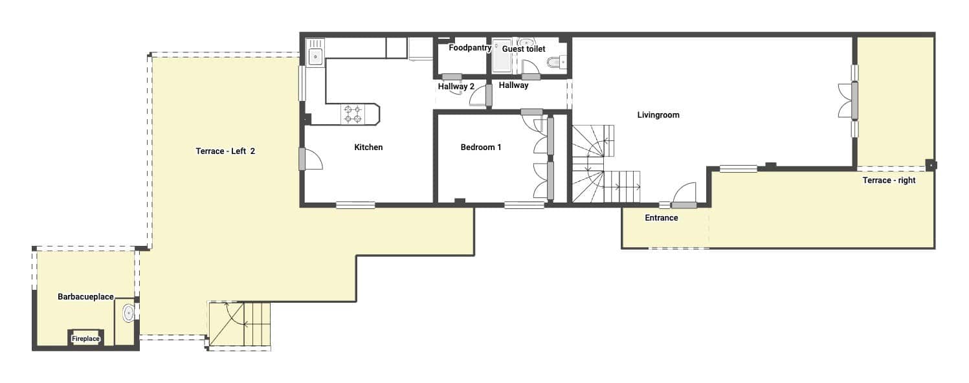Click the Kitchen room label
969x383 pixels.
368,148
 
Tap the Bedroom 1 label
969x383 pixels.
481,148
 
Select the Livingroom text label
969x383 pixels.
658,115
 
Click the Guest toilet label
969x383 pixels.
524,49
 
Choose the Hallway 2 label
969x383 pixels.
456,86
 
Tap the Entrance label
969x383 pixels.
662,218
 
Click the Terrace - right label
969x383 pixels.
889,181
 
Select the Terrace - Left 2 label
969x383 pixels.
225,151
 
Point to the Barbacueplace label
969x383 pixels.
85,297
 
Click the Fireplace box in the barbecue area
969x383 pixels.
85,338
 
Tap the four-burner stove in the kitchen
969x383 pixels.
353,115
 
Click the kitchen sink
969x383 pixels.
315,56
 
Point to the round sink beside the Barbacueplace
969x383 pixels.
128,313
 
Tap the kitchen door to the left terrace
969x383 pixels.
311,159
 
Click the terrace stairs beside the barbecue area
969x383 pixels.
239,325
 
